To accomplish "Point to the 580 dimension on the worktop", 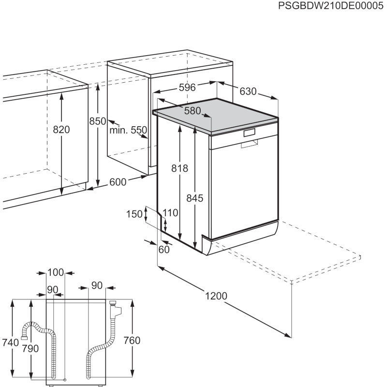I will coord(192,111).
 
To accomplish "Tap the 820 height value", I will coord(61,130).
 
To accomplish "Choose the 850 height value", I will coord(97,122).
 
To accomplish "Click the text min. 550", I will coord(128,130).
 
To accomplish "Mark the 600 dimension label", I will coord(118,182).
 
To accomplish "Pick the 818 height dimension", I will coord(179,168).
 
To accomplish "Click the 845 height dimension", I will coord(194,198).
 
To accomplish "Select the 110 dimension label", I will coord(170,212).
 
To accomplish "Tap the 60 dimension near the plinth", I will coord(164,249).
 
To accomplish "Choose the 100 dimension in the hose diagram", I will coord(56,273).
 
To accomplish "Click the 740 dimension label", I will coord(10,342).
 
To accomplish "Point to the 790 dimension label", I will coord(30,348).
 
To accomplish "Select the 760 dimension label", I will coord(131,341).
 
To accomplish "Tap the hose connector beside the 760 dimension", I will coord(115,306).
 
